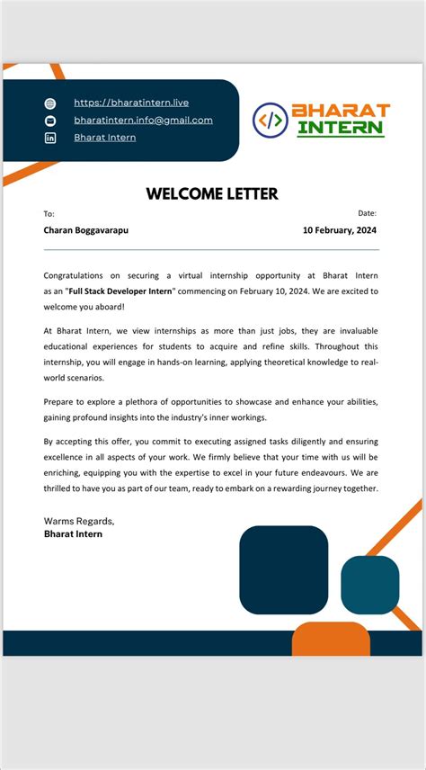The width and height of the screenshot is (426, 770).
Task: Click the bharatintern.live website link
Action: pos(131,103)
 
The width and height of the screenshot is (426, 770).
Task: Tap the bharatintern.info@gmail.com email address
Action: pos(143,120)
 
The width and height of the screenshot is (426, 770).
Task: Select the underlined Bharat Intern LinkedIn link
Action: pos(105,138)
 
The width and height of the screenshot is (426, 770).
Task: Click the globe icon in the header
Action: pos(50,103)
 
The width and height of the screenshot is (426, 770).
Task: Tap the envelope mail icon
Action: pos(50,121)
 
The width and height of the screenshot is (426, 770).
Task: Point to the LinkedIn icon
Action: pos(50,138)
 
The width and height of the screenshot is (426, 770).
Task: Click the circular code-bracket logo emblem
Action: pos(270,119)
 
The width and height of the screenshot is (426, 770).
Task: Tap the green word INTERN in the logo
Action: pos(341,129)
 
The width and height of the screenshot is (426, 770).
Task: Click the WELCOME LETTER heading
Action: pos(212,193)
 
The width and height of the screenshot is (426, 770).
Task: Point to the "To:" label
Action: pos(49,214)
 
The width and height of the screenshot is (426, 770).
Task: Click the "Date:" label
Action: pos(367,213)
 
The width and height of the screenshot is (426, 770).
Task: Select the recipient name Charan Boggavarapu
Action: pos(86,230)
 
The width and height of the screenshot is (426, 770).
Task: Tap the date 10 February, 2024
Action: pos(340,230)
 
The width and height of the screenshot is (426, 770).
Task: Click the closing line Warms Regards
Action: pos(79,521)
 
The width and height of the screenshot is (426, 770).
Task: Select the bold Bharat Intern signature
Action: pos(74,534)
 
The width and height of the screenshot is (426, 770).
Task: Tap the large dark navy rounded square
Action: pos(283,569)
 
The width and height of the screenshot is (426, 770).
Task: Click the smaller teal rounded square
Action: pos(369,585)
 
